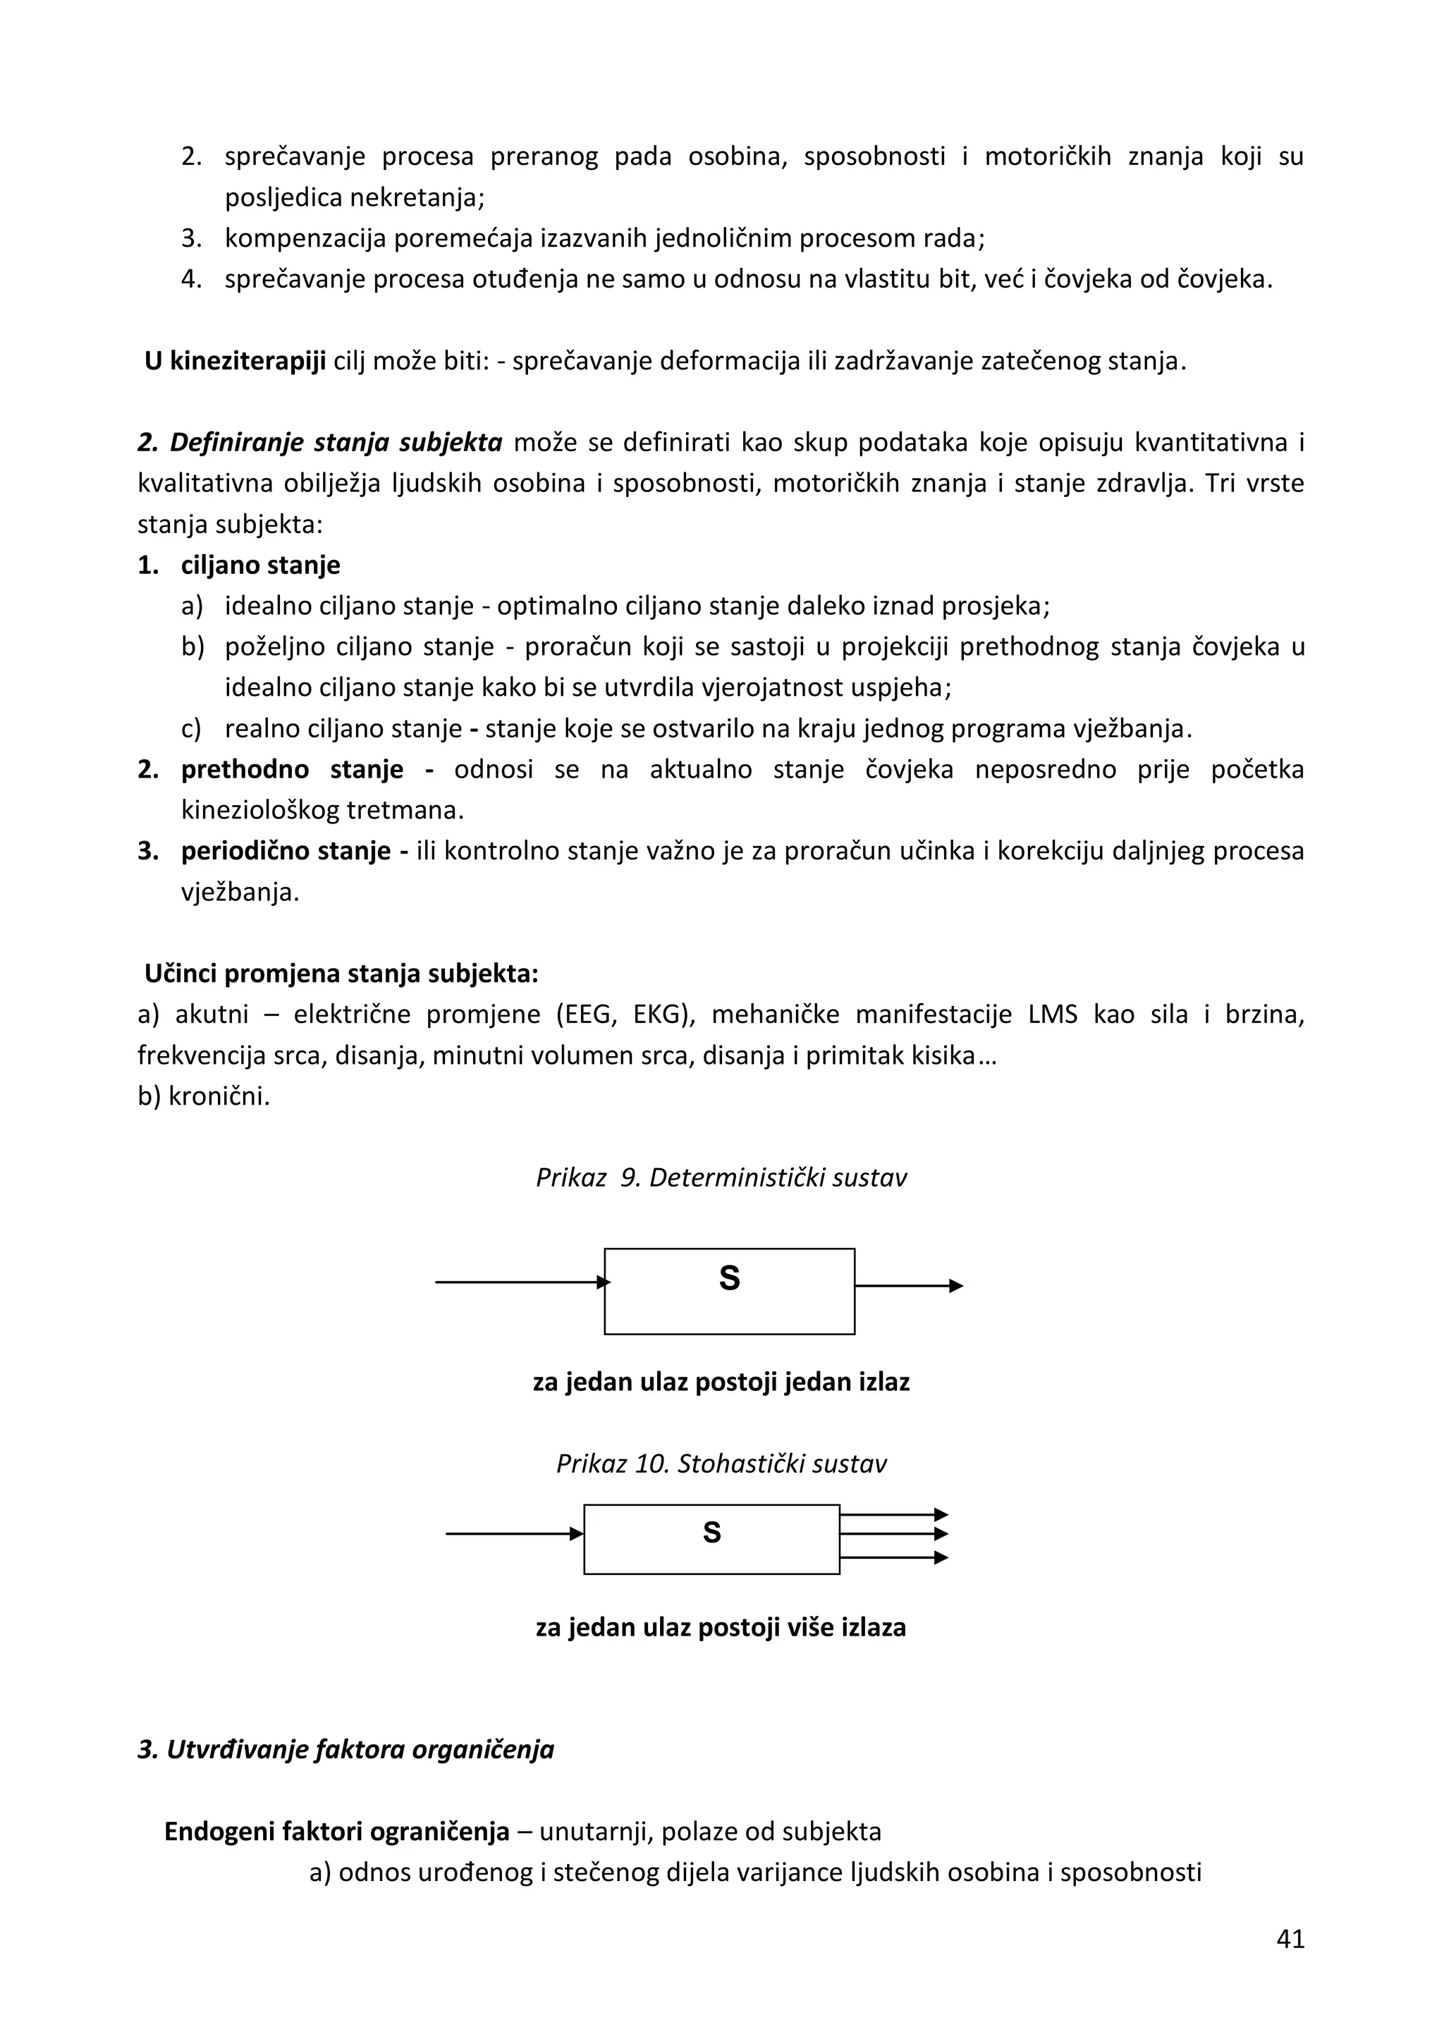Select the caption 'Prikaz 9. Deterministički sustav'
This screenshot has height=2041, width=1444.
coord(721,1178)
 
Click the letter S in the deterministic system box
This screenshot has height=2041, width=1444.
coord(729,1278)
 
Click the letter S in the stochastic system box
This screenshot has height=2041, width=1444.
coord(711,1533)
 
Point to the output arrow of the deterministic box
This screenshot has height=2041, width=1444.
coord(909,1285)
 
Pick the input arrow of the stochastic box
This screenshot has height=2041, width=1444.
coord(514,1533)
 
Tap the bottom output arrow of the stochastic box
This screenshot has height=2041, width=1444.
coord(893,1557)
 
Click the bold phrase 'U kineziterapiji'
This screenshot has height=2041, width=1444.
coord(235,362)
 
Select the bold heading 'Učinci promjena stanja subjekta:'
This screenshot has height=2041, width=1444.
coord(341,974)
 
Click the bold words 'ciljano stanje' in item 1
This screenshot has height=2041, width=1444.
coord(260,565)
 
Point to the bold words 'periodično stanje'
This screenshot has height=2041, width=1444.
coord(286,852)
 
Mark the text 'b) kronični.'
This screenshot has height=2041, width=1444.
coord(204,1097)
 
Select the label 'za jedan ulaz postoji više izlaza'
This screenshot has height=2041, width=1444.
coord(721,1628)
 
